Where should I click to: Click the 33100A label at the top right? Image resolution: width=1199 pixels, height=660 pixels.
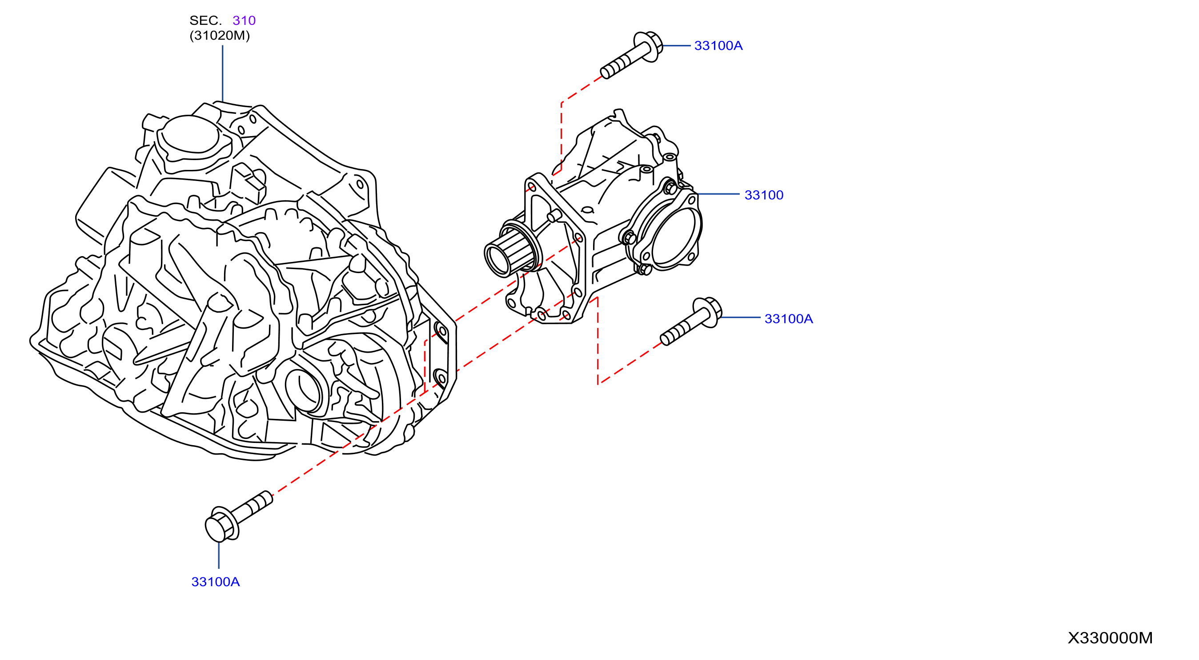pos(718,46)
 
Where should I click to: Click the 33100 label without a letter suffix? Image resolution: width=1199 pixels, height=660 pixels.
pos(764,195)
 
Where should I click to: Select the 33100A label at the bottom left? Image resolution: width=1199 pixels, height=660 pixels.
pos(216,582)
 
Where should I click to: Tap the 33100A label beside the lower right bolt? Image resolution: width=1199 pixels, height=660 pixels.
pos(789,318)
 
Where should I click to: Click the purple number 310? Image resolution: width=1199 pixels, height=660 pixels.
pos(244,20)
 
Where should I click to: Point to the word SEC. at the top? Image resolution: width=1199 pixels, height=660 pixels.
pos(205,20)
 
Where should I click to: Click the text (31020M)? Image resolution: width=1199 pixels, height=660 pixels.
pos(220,36)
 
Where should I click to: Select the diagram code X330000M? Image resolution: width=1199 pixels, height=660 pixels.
pos(1110,638)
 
